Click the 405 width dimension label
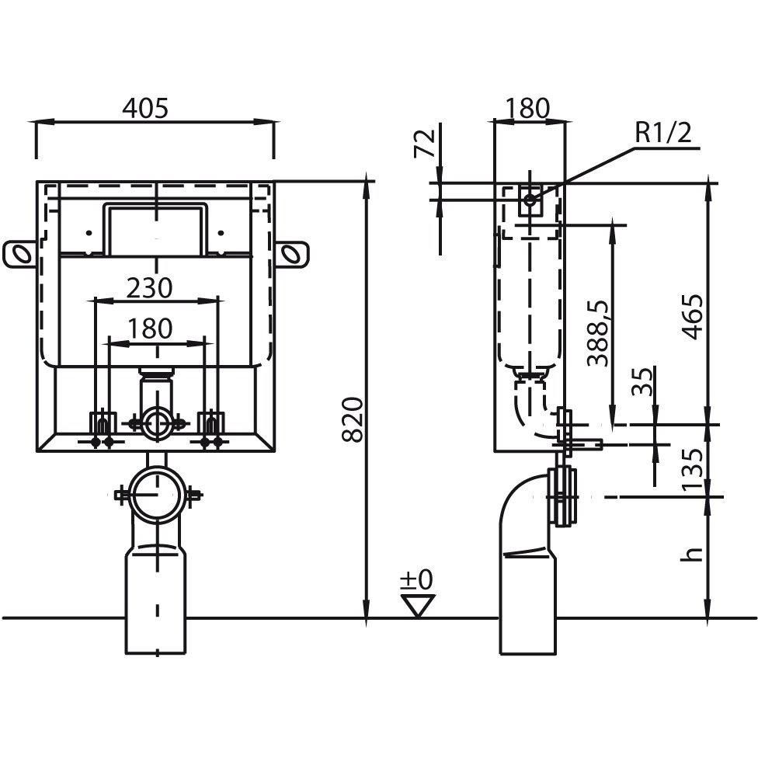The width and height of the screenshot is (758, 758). (x=145, y=108)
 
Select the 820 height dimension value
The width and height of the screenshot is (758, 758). (x=353, y=419)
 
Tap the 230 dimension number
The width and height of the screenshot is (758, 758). (x=149, y=288)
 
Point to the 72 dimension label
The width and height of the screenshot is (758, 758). (x=425, y=144)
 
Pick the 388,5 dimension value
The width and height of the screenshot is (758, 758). (x=598, y=333)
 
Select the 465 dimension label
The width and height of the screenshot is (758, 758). (x=692, y=316)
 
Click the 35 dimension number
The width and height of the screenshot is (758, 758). (x=643, y=381)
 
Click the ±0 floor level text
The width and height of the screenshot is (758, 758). (x=417, y=579)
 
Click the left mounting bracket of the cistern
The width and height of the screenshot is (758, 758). (x=19, y=253)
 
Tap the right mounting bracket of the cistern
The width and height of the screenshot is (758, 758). (x=291, y=253)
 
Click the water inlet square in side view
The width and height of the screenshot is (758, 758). (x=530, y=200)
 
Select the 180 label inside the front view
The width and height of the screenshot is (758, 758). (x=150, y=329)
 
